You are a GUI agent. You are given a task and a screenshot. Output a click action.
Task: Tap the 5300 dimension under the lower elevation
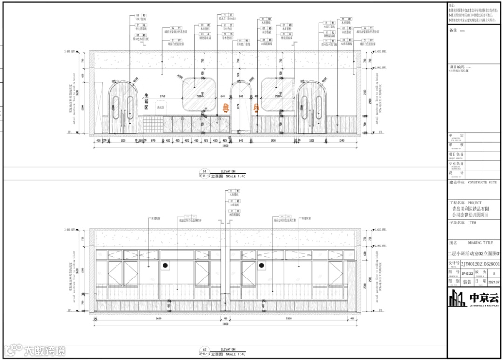click(x=289, y=319)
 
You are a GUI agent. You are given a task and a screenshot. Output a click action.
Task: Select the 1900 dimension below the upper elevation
click(x=272, y=140)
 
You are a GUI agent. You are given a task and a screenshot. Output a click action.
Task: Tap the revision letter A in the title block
click(x=493, y=273)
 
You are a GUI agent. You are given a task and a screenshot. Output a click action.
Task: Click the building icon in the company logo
click(x=458, y=298)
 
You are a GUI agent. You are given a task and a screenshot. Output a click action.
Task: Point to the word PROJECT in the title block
click(x=475, y=203)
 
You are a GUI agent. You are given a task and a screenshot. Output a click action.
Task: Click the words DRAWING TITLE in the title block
click(x=480, y=243)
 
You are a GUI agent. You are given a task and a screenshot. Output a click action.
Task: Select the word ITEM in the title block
click(x=472, y=223)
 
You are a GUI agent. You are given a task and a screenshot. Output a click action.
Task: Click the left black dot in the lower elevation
click(x=165, y=265)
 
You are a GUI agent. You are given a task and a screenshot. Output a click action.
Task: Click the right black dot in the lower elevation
click(x=261, y=265)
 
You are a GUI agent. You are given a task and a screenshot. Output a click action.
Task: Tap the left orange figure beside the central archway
click(x=225, y=108)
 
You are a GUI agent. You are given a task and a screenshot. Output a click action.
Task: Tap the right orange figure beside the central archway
click(x=256, y=108)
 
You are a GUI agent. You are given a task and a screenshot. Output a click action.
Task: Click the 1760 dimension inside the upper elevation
click(x=163, y=96)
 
